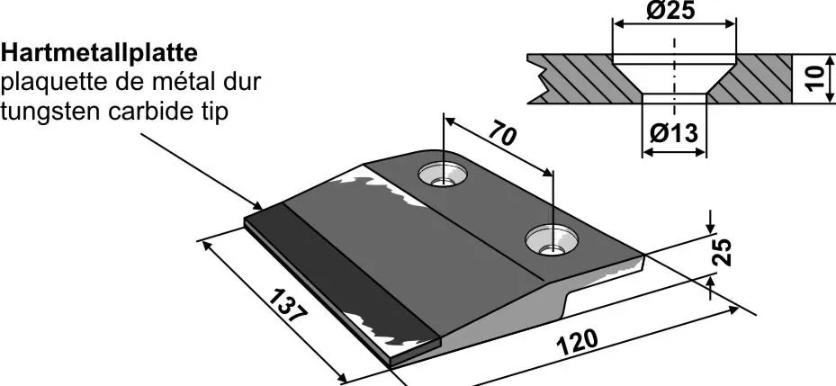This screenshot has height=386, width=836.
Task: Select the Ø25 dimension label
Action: pyautogui.click(x=674, y=13)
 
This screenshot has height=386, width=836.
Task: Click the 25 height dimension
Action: pyautogui.click(x=723, y=253)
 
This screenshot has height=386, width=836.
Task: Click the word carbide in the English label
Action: pyautogui.click(x=145, y=112)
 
